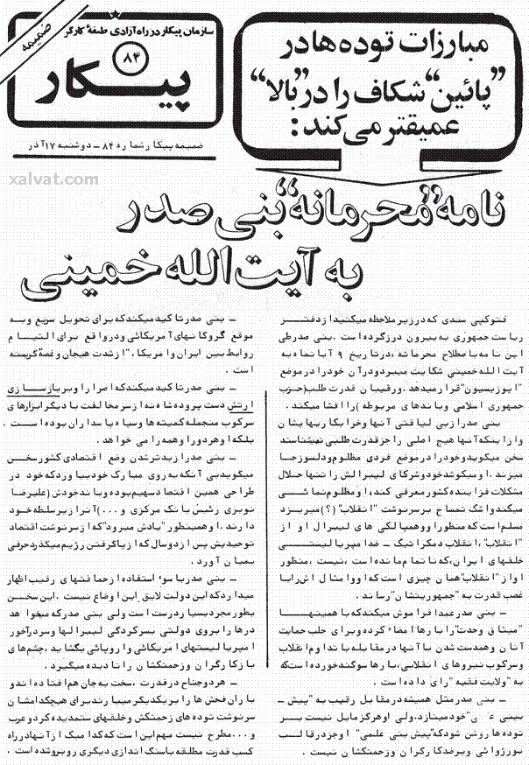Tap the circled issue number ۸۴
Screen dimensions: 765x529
pos(128,60)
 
